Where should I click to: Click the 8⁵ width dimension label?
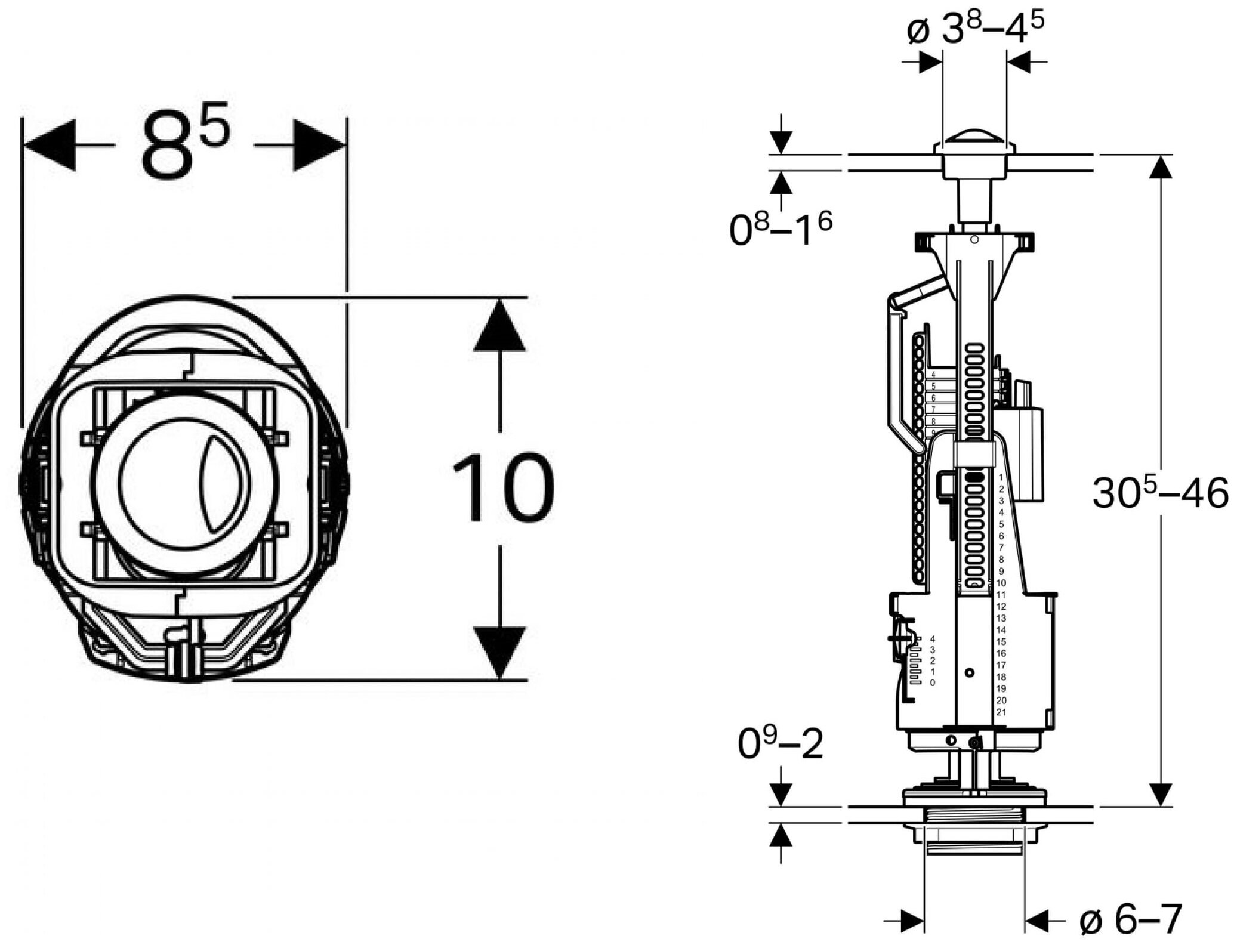pos(184,142)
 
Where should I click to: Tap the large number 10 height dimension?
pos(502,487)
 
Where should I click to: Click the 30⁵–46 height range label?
pos(1161,493)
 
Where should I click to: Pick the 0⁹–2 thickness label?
pos(781,743)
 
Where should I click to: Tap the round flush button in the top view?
pos(184,480)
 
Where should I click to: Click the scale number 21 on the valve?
pos(1001,712)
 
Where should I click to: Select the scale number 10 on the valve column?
pos(1001,583)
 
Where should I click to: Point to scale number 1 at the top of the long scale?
pos(1001,477)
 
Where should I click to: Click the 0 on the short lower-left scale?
pos(933,682)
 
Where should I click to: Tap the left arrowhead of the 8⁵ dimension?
pos(49,145)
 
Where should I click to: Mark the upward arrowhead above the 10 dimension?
pos(500,325)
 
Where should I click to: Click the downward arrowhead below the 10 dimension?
pos(500,653)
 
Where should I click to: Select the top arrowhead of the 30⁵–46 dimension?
pos(1161,167)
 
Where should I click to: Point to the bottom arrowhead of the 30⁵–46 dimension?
pos(1161,794)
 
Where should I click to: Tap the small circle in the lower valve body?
pos(970,673)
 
